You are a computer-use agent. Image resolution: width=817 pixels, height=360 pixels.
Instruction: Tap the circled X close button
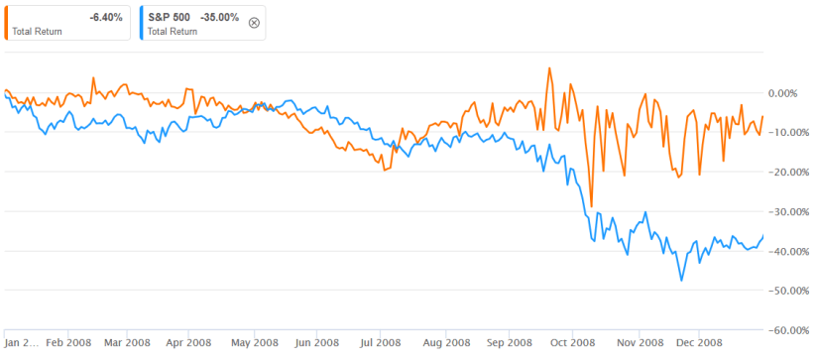pos(254,23)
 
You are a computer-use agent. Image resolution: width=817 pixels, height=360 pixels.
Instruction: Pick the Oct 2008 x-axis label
pos(573,343)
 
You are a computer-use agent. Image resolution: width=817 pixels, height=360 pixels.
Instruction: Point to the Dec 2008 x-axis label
pos(699,343)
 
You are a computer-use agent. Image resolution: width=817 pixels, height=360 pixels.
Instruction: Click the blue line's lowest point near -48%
pos(681,281)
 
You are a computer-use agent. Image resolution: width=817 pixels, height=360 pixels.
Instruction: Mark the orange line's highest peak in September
pos(549,68)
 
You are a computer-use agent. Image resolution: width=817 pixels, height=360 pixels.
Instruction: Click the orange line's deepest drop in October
pos(591,206)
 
